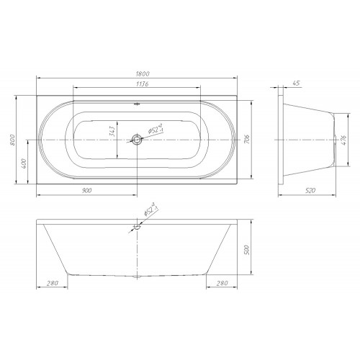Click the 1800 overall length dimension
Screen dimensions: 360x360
click(143, 73)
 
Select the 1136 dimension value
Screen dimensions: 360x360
click(143, 84)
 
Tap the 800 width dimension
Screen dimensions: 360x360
click(12, 140)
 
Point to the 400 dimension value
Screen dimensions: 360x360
click(24, 163)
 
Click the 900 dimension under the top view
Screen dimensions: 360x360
click(87, 191)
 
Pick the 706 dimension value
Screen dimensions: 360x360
click(247, 140)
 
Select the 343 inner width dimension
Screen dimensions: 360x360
click(112, 131)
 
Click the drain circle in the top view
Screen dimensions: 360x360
click(137, 139)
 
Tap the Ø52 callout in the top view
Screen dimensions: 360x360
click(156, 128)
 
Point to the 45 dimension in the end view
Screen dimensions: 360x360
click(297, 83)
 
